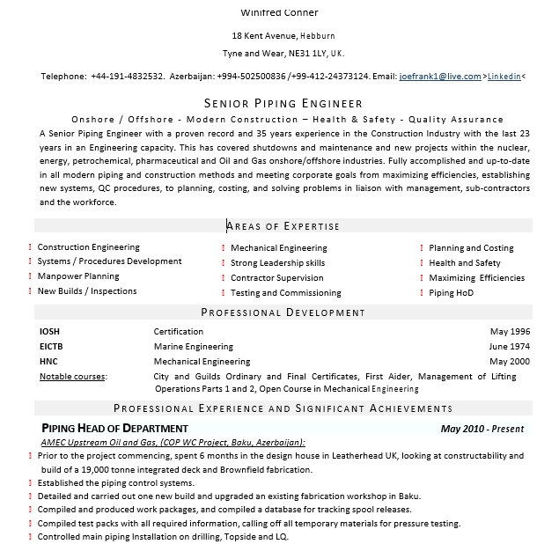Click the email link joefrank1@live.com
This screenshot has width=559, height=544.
pyautogui.click(x=439, y=77)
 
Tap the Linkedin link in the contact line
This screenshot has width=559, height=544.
pyautogui.click(x=504, y=77)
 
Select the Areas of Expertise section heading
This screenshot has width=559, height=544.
pyautogui.click(x=283, y=226)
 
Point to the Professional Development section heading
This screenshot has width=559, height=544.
pyautogui.click(x=283, y=312)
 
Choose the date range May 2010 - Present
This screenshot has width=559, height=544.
pyautogui.click(x=482, y=430)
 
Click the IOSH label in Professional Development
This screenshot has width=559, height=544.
pyautogui.click(x=49, y=332)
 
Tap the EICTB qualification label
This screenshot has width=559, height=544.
pyautogui.click(x=51, y=347)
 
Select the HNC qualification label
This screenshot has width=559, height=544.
pyautogui.click(x=48, y=362)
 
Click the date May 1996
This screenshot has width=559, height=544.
pyautogui.click(x=510, y=332)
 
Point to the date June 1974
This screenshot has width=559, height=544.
pyautogui.click(x=509, y=347)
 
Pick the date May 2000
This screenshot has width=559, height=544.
pyautogui.click(x=510, y=362)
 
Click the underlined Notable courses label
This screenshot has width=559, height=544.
pyautogui.click(x=72, y=377)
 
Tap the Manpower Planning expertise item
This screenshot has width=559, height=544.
pyautogui.click(x=78, y=276)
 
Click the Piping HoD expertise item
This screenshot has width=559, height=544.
pyautogui.click(x=451, y=293)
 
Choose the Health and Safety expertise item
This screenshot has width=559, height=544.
pyautogui.click(x=464, y=263)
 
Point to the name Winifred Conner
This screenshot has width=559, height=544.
pyautogui.click(x=279, y=12)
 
